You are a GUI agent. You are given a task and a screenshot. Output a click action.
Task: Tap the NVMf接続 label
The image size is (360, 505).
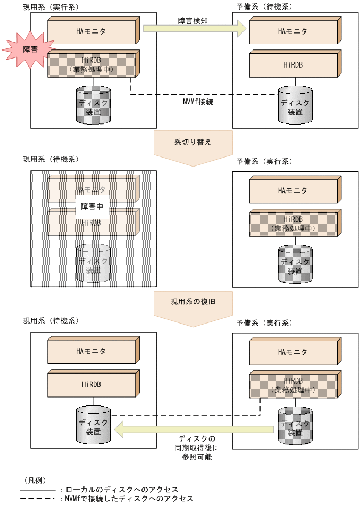pyautogui.click(x=197, y=101)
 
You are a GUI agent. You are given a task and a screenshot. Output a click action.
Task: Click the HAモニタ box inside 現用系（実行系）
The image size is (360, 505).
pyautogui.click(x=93, y=31)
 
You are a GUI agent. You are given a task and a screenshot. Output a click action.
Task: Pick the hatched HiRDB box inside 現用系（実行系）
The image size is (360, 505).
pyautogui.click(x=93, y=64)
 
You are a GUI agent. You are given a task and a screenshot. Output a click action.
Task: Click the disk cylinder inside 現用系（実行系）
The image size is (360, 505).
pyautogui.click(x=93, y=103)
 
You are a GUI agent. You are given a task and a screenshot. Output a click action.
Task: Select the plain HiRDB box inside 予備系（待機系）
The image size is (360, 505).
pyautogui.click(x=294, y=64)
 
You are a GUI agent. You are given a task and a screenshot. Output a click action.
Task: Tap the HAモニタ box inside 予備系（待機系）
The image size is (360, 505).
pyautogui.click(x=294, y=31)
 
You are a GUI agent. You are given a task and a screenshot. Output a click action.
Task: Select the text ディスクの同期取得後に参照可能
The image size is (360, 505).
pyautogui.click(x=197, y=448)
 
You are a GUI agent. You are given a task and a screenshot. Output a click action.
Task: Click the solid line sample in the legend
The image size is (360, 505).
pyautogui.click(x=38, y=489)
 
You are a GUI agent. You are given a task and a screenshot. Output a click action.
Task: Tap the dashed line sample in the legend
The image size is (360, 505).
pyautogui.click(x=38, y=499)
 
